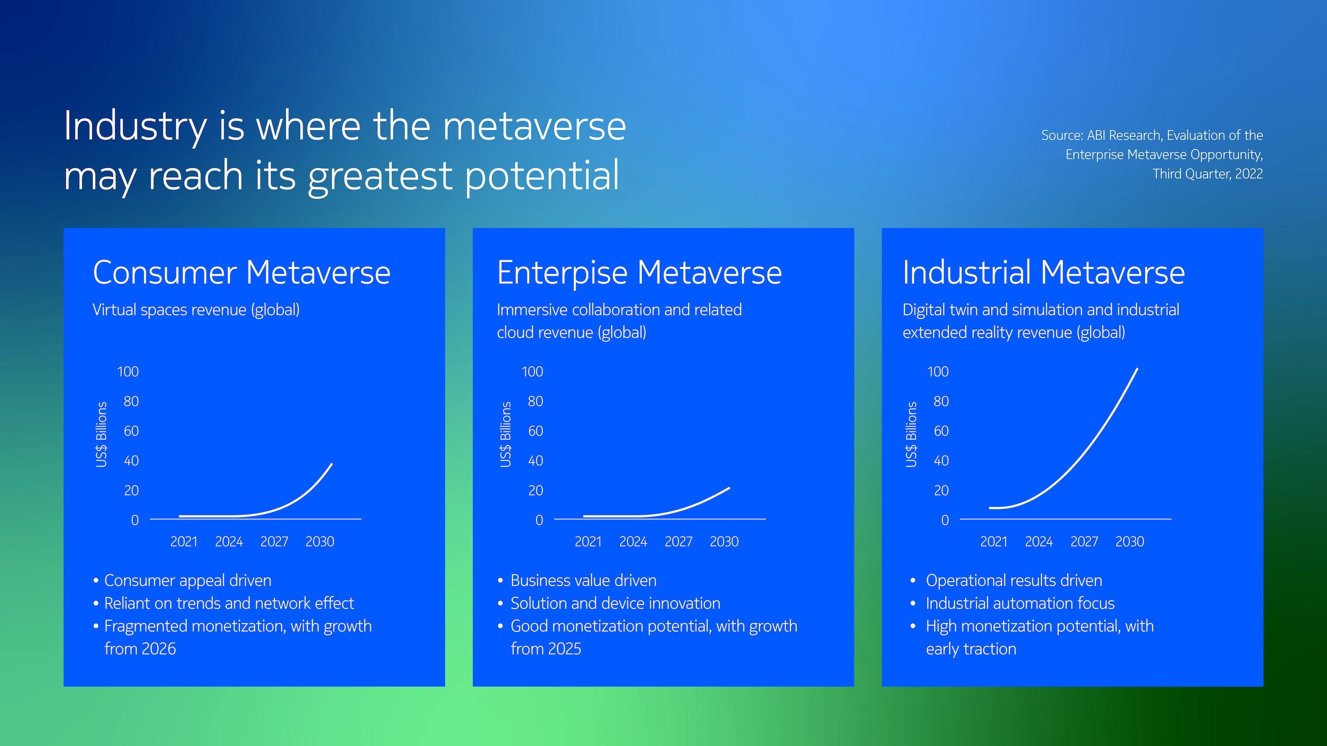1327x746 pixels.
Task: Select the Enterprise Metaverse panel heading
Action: (x=639, y=274)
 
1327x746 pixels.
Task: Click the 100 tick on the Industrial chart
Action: (x=938, y=372)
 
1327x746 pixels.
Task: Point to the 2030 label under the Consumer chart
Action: (x=320, y=542)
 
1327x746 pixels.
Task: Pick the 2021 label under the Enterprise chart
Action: (x=588, y=542)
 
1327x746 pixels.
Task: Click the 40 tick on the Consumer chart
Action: (x=131, y=461)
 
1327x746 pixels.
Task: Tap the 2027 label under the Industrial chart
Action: (x=1084, y=542)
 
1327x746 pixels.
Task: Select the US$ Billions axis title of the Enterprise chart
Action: (x=506, y=435)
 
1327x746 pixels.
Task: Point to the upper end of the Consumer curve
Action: (x=332, y=464)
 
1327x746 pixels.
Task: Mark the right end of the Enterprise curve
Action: (x=729, y=488)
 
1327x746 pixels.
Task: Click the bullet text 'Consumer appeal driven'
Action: (x=188, y=581)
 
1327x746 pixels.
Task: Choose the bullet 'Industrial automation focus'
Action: (x=1020, y=603)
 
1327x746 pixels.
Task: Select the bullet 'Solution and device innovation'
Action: (x=616, y=603)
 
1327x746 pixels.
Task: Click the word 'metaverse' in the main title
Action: (x=534, y=127)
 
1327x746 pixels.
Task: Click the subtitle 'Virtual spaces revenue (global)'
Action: (x=196, y=310)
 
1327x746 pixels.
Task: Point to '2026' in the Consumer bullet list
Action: (x=159, y=649)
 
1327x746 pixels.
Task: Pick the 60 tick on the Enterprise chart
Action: (x=536, y=431)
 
